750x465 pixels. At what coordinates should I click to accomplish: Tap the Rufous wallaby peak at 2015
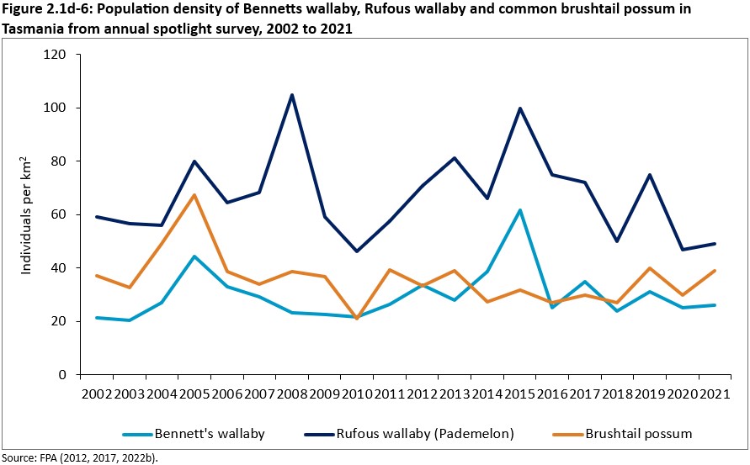coord(520,108)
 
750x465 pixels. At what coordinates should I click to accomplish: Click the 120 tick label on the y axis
coord(57,55)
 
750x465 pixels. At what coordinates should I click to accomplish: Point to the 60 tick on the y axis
coord(61,214)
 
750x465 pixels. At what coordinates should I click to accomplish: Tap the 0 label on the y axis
coord(64,375)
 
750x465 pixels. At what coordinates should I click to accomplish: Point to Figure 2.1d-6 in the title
coord(51,9)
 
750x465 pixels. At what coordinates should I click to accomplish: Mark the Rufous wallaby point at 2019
coord(648,175)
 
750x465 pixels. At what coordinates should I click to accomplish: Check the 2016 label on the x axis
coord(552,394)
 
